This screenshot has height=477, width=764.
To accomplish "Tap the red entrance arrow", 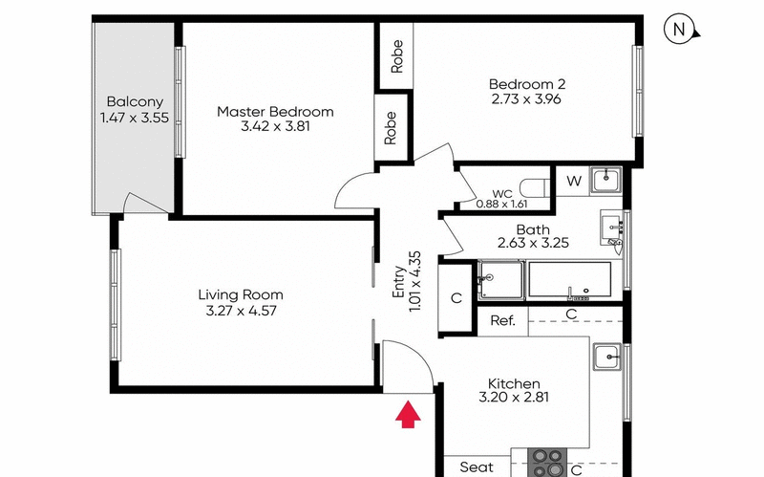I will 409,414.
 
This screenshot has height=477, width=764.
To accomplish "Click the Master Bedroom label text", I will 275,112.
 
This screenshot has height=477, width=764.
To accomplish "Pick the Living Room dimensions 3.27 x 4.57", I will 241,310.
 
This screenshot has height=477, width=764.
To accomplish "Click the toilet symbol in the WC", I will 537,186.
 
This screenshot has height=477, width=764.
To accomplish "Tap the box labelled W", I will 573,180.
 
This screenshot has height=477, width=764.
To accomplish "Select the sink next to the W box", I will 605,179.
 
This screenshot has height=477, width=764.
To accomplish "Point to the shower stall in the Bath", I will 500,282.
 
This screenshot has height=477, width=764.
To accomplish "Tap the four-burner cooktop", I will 548,462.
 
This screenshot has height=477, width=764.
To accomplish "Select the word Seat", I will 477,466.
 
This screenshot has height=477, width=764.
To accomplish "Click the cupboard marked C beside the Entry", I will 456,297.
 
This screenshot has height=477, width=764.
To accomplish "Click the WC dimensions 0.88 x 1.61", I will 500,203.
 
